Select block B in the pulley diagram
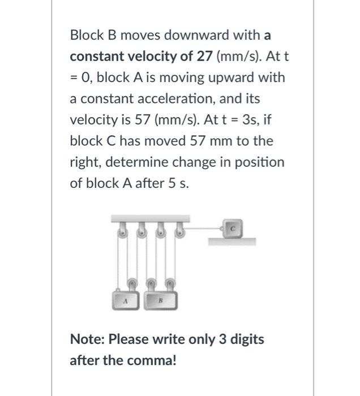(x=162, y=300)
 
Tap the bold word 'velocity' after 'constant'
(x=138, y=57)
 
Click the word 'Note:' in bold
(x=87, y=339)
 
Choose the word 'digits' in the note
(x=245, y=339)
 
